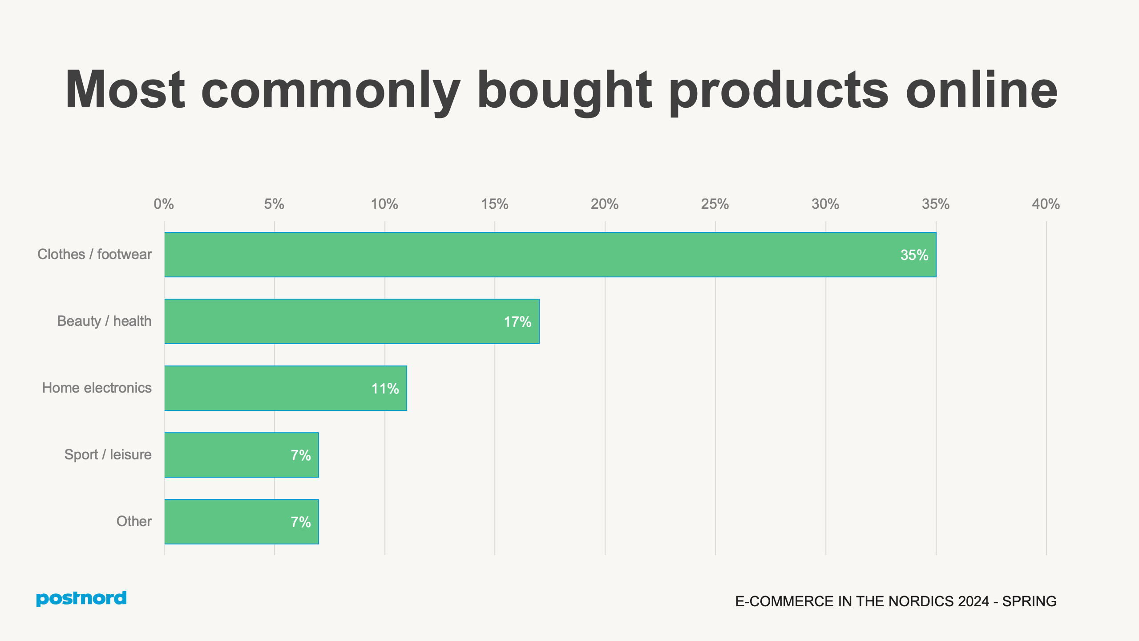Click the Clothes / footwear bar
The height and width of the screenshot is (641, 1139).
[x=550, y=255]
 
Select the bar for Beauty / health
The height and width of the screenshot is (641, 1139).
[x=351, y=321]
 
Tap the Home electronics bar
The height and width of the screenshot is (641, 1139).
[x=285, y=388]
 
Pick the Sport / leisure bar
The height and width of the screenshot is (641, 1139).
[x=241, y=455]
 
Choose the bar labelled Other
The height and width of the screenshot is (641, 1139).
[x=241, y=522]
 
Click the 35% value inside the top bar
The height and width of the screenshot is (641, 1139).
[x=914, y=255]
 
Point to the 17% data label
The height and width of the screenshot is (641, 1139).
[x=517, y=322]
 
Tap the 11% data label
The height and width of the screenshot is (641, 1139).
[x=385, y=389]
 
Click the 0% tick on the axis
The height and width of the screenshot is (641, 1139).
[x=163, y=204]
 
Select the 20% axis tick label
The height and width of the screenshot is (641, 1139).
[x=604, y=204]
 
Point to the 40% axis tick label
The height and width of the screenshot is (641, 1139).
[x=1046, y=204]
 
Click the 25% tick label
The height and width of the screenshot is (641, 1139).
[x=715, y=204]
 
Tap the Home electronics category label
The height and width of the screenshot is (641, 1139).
[x=97, y=388]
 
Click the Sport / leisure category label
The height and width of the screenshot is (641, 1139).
[x=108, y=454]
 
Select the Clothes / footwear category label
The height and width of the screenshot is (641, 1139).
[x=94, y=254]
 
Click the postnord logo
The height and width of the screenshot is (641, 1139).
[x=81, y=598]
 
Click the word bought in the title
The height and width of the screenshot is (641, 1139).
[x=564, y=91]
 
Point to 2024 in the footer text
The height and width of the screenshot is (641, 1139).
[x=973, y=601]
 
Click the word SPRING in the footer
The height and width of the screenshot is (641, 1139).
[x=1029, y=601]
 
